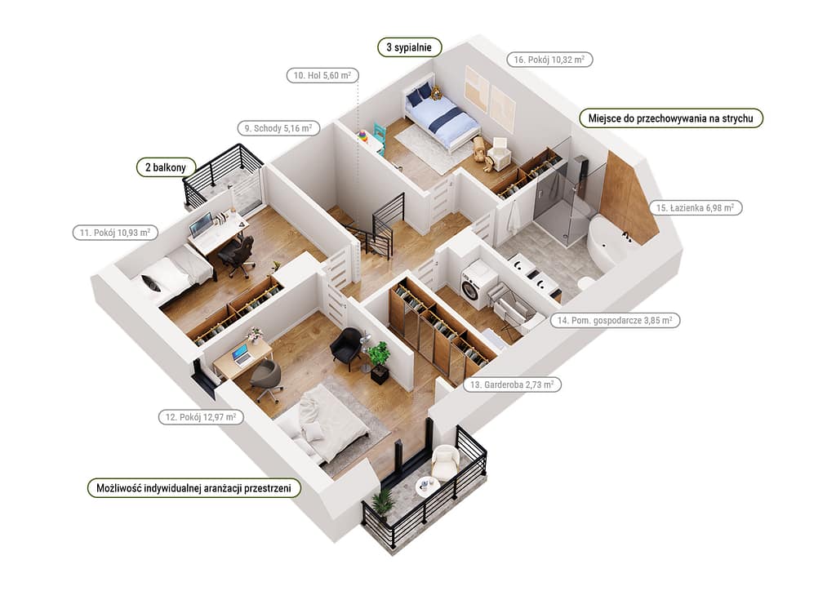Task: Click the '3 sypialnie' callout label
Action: pos(410,47)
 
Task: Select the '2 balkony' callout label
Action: pos(166,167)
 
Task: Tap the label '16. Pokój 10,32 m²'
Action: pos(549,60)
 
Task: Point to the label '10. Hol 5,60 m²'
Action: pos(322,76)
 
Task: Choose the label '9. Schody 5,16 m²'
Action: pos(278,128)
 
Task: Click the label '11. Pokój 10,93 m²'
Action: pos(115,233)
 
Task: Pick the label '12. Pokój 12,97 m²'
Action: pos(201,417)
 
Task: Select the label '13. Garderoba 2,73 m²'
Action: pos(512,384)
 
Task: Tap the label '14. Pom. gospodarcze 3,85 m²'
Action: pos(615,321)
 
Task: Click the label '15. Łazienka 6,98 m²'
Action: pos(696,208)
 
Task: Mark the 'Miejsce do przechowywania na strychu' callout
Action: pos(671,118)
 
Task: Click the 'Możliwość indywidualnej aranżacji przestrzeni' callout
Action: pos(193,488)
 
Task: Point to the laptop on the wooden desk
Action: pos(241,353)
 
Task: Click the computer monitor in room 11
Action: pos(199,225)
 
